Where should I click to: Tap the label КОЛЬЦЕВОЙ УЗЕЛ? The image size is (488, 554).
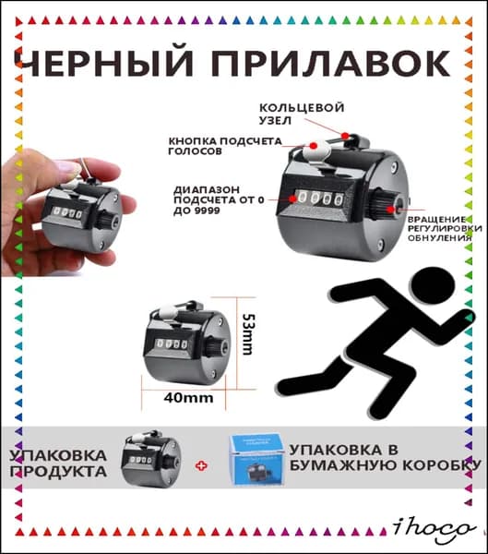[x=302, y=114]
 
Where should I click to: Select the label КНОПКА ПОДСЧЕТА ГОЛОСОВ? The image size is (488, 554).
[x=225, y=146]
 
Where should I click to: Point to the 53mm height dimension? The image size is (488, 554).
[x=248, y=334]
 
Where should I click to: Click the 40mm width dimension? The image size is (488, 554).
[x=188, y=398]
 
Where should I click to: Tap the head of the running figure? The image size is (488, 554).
[x=433, y=284]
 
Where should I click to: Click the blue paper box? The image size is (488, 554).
[x=256, y=460]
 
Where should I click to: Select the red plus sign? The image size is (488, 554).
[x=202, y=466]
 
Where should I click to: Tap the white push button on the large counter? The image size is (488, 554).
[x=316, y=151]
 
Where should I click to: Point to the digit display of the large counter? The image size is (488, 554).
[x=319, y=199]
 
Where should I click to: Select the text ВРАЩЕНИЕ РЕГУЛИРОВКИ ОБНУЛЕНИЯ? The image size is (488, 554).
[x=445, y=229]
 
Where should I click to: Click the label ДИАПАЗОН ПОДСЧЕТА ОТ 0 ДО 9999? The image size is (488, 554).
[x=219, y=200]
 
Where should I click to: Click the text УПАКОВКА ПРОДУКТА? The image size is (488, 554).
[x=58, y=464]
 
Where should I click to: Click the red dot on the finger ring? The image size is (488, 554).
[x=345, y=136]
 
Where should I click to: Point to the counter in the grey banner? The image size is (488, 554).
[x=150, y=459]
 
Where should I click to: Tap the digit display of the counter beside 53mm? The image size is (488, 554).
[x=172, y=343]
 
